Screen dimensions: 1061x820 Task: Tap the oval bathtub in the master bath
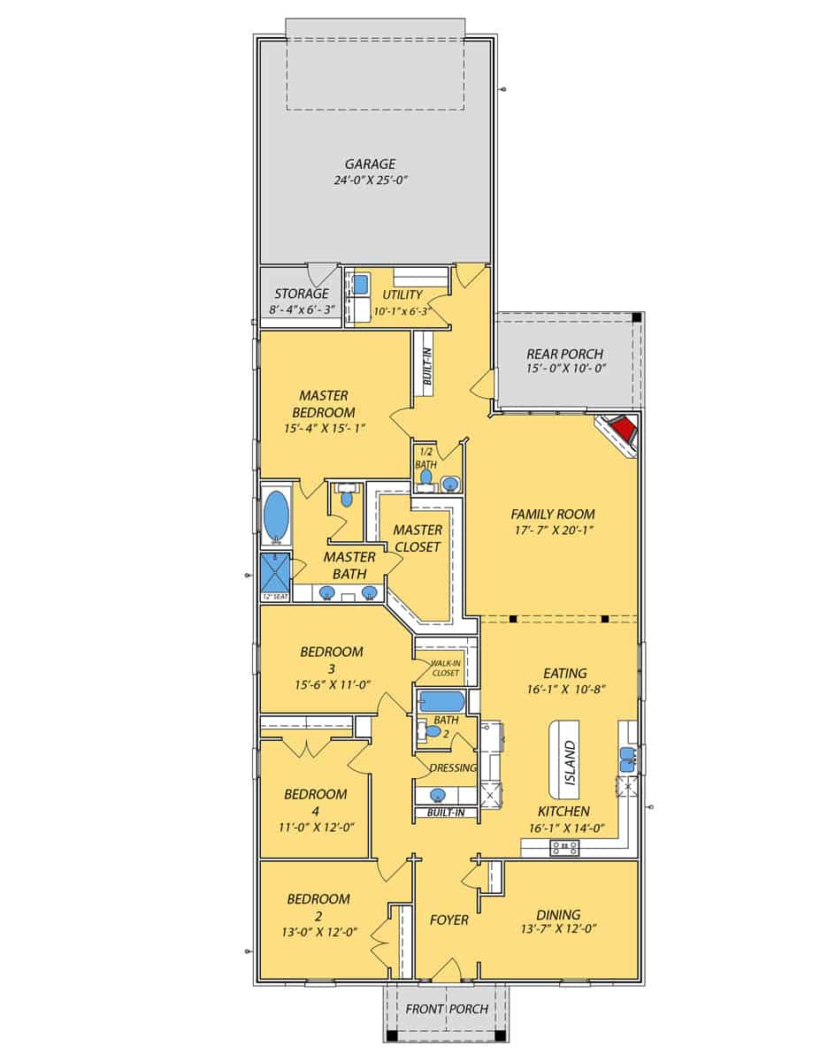[277, 514]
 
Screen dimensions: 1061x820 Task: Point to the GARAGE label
[371, 164]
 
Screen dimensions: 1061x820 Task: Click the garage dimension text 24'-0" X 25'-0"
[371, 180]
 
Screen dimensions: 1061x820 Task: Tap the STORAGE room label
[301, 294]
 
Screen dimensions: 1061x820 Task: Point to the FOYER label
[448, 920]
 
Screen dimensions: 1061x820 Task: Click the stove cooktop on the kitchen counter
[564, 847]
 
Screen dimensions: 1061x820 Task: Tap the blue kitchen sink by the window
[627, 755]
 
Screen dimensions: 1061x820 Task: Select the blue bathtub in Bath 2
[439, 702]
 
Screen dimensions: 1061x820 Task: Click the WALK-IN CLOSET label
[445, 668]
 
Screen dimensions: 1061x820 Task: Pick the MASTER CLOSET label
[418, 538]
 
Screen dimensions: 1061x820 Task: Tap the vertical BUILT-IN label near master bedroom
[426, 363]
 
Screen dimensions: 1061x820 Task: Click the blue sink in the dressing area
[438, 794]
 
